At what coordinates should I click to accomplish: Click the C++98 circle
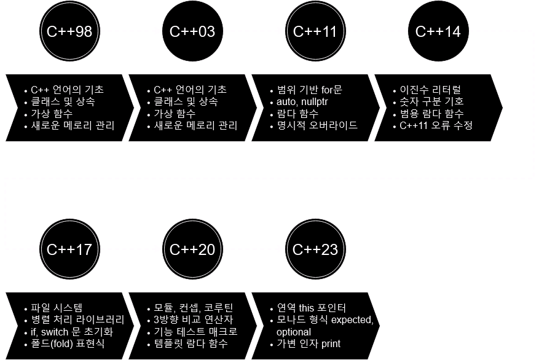point(69,31)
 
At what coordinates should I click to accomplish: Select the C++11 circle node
point(315,31)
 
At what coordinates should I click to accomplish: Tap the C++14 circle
point(438,31)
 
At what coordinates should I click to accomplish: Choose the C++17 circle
point(69,249)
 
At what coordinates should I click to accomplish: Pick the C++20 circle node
point(192,249)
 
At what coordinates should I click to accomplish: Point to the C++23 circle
point(315,249)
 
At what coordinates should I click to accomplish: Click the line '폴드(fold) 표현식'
point(72,343)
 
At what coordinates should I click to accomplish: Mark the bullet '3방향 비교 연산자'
point(194,320)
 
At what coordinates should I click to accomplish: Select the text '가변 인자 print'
point(308,343)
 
